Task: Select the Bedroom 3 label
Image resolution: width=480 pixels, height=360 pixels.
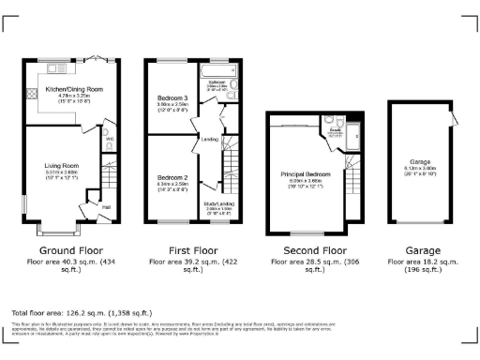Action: click(172, 97)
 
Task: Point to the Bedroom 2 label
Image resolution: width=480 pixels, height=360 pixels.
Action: click(172, 177)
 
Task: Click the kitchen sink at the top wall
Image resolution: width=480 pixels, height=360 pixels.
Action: click(55, 67)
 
